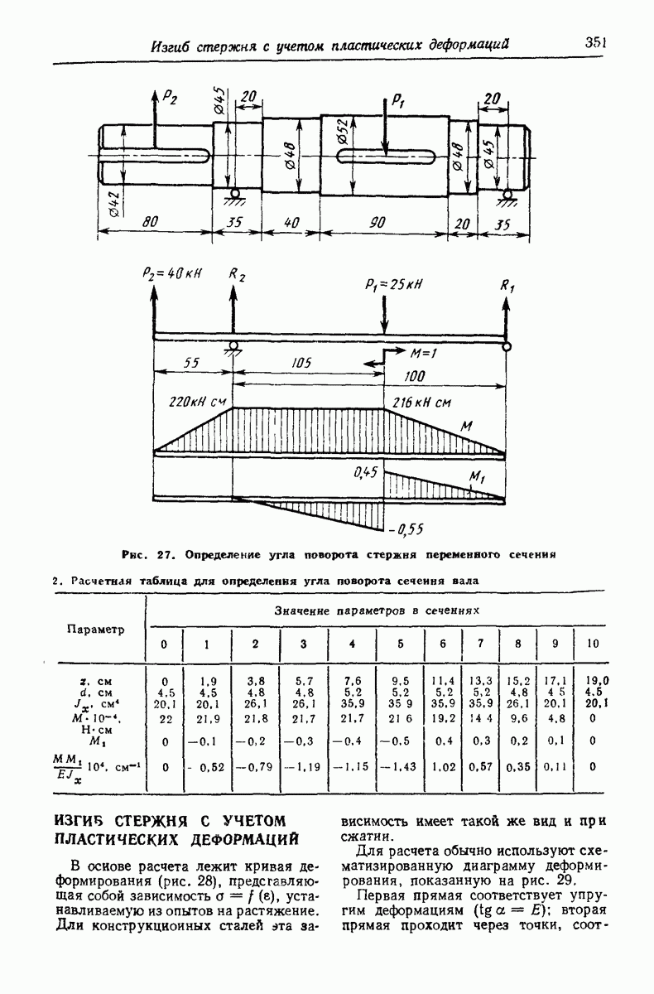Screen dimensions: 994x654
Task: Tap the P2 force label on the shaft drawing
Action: point(170,98)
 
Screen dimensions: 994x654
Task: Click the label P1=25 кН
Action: point(392,283)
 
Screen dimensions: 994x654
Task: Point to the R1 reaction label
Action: point(507,286)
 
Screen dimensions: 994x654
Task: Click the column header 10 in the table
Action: point(592,644)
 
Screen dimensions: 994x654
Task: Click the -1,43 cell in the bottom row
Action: point(401,766)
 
